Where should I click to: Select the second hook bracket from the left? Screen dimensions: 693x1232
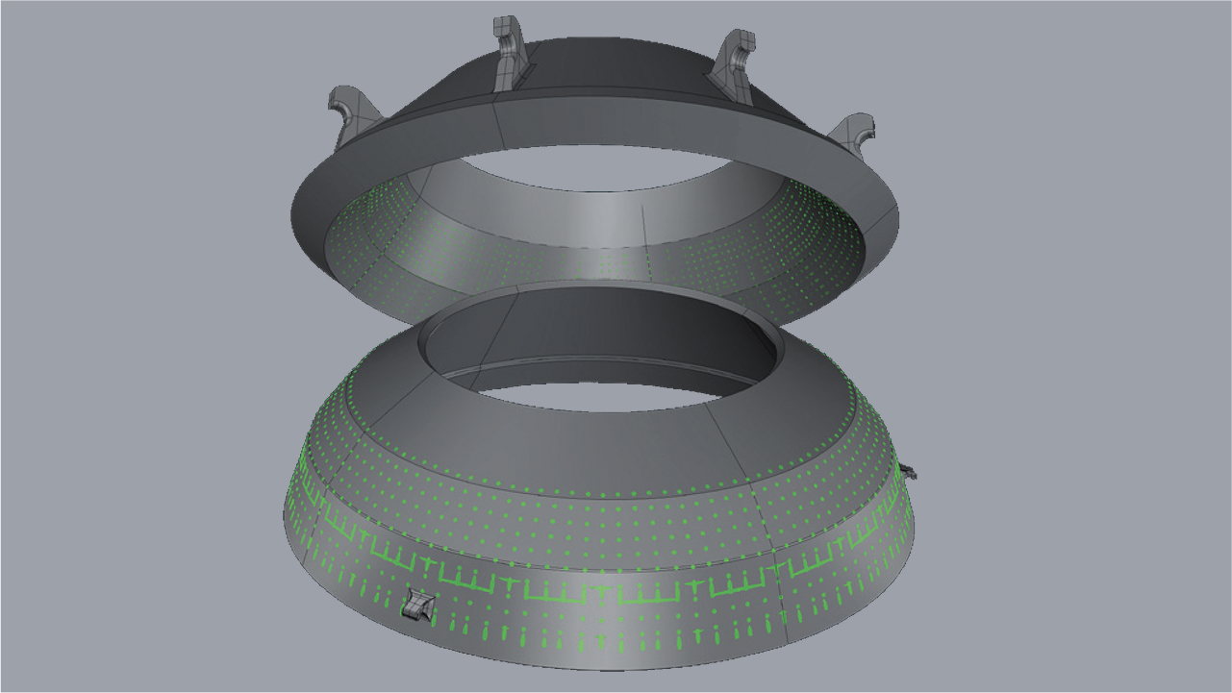click(x=511, y=54)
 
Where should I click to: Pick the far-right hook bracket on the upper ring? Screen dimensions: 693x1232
click(x=855, y=134)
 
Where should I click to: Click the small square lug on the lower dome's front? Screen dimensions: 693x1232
click(x=418, y=605)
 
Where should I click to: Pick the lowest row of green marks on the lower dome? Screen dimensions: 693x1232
click(x=596, y=634)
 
